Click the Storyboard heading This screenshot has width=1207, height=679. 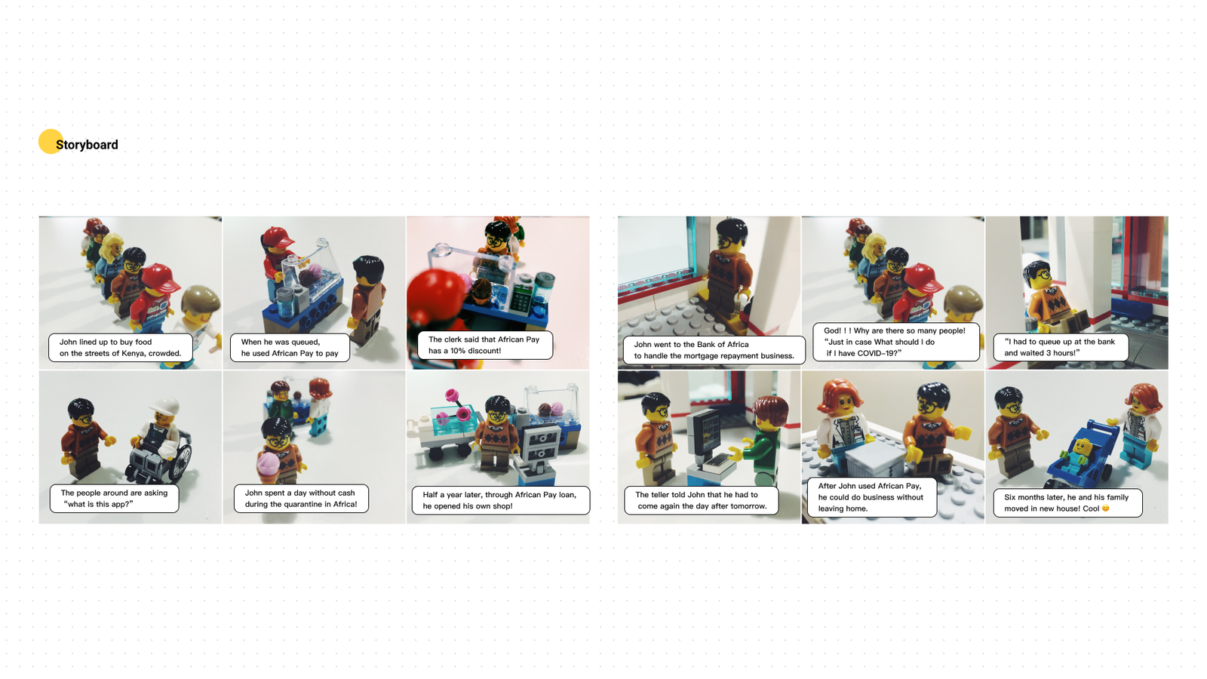tap(87, 144)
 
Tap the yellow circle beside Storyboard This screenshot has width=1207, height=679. tap(50, 141)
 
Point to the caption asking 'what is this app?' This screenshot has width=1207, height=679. tap(114, 499)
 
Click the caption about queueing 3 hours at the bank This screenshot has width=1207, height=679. tap(1061, 347)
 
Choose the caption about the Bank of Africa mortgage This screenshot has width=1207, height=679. tap(714, 350)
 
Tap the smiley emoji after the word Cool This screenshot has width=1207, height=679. tap(1106, 508)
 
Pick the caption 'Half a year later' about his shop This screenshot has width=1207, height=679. tap(501, 500)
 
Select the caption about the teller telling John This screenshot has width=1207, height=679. tap(701, 500)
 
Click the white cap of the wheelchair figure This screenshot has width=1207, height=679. tap(165, 405)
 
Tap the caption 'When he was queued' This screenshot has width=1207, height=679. tap(290, 348)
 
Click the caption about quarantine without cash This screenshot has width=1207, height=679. tap(301, 499)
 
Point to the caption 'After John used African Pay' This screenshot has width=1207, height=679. tap(871, 497)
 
